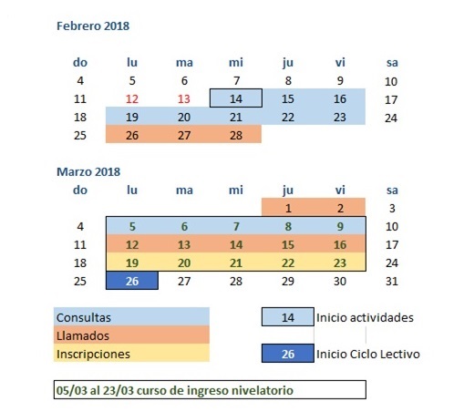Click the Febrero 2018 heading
93,26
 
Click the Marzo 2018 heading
88,171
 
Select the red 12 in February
132,99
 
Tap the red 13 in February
184,99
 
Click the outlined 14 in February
236,98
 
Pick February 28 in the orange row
236,136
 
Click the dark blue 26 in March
132,281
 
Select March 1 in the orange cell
288,209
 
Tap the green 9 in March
340,227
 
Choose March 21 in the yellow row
236,263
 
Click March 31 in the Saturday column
392,282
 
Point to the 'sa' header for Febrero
392,63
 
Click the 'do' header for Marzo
80,191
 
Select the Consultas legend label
84,318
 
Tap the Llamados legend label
83,336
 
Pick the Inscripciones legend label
93,355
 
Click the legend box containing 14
288,317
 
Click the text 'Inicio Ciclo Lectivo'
368,355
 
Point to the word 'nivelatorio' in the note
263,390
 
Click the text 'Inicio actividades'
365,318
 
